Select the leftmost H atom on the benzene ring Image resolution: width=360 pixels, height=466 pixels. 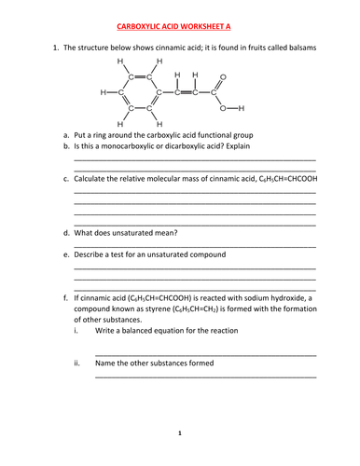click(103, 92)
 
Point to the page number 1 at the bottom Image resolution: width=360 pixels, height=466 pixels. click(180, 432)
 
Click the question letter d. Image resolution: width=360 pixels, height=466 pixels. click(66, 232)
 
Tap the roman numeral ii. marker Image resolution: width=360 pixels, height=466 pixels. click(77, 363)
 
